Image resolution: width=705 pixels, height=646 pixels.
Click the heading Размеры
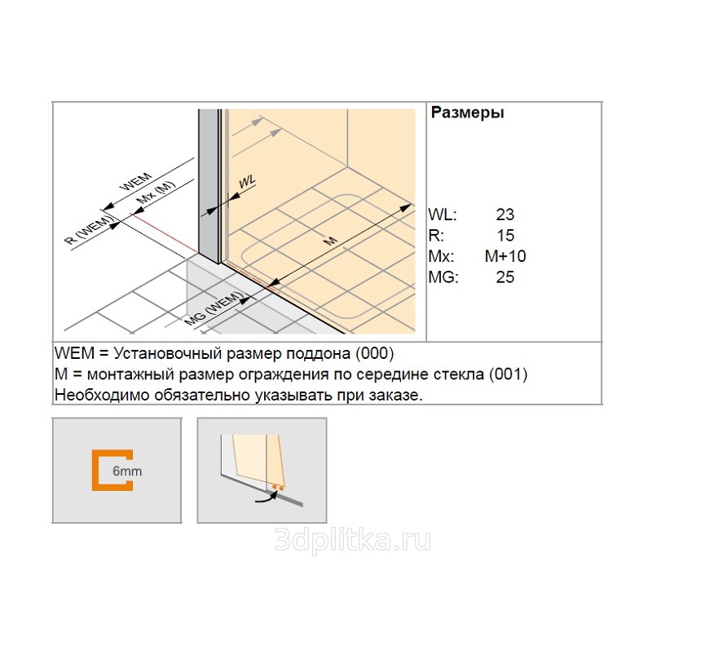tap(467, 113)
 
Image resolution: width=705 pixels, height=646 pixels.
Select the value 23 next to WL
tap(505, 215)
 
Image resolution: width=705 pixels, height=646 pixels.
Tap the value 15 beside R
tap(505, 235)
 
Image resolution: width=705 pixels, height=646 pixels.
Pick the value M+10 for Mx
tap(505, 256)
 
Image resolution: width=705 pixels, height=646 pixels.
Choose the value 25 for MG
tap(505, 277)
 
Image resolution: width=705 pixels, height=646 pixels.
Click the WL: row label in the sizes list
tap(443, 215)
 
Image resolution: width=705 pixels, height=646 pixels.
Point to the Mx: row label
tap(441, 256)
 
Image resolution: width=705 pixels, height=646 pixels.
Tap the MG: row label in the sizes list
tap(443, 277)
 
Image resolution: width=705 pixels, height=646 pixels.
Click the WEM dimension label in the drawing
tap(135, 182)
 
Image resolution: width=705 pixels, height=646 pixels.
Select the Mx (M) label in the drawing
tap(156, 192)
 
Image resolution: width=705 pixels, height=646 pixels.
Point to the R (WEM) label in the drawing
tap(90, 230)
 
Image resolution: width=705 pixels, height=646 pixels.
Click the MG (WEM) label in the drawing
tap(214, 308)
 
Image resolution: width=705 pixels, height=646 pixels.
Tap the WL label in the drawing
tap(247, 182)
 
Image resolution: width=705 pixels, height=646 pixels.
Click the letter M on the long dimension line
tap(330, 241)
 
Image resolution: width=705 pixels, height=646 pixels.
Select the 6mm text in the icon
tap(127, 471)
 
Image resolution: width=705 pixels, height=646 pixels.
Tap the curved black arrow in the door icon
tap(266, 497)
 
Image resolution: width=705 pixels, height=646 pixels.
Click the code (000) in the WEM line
tap(375, 353)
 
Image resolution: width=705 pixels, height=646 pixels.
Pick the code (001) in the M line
tap(508, 374)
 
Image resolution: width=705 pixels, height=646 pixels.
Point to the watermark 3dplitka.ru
tap(352, 540)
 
